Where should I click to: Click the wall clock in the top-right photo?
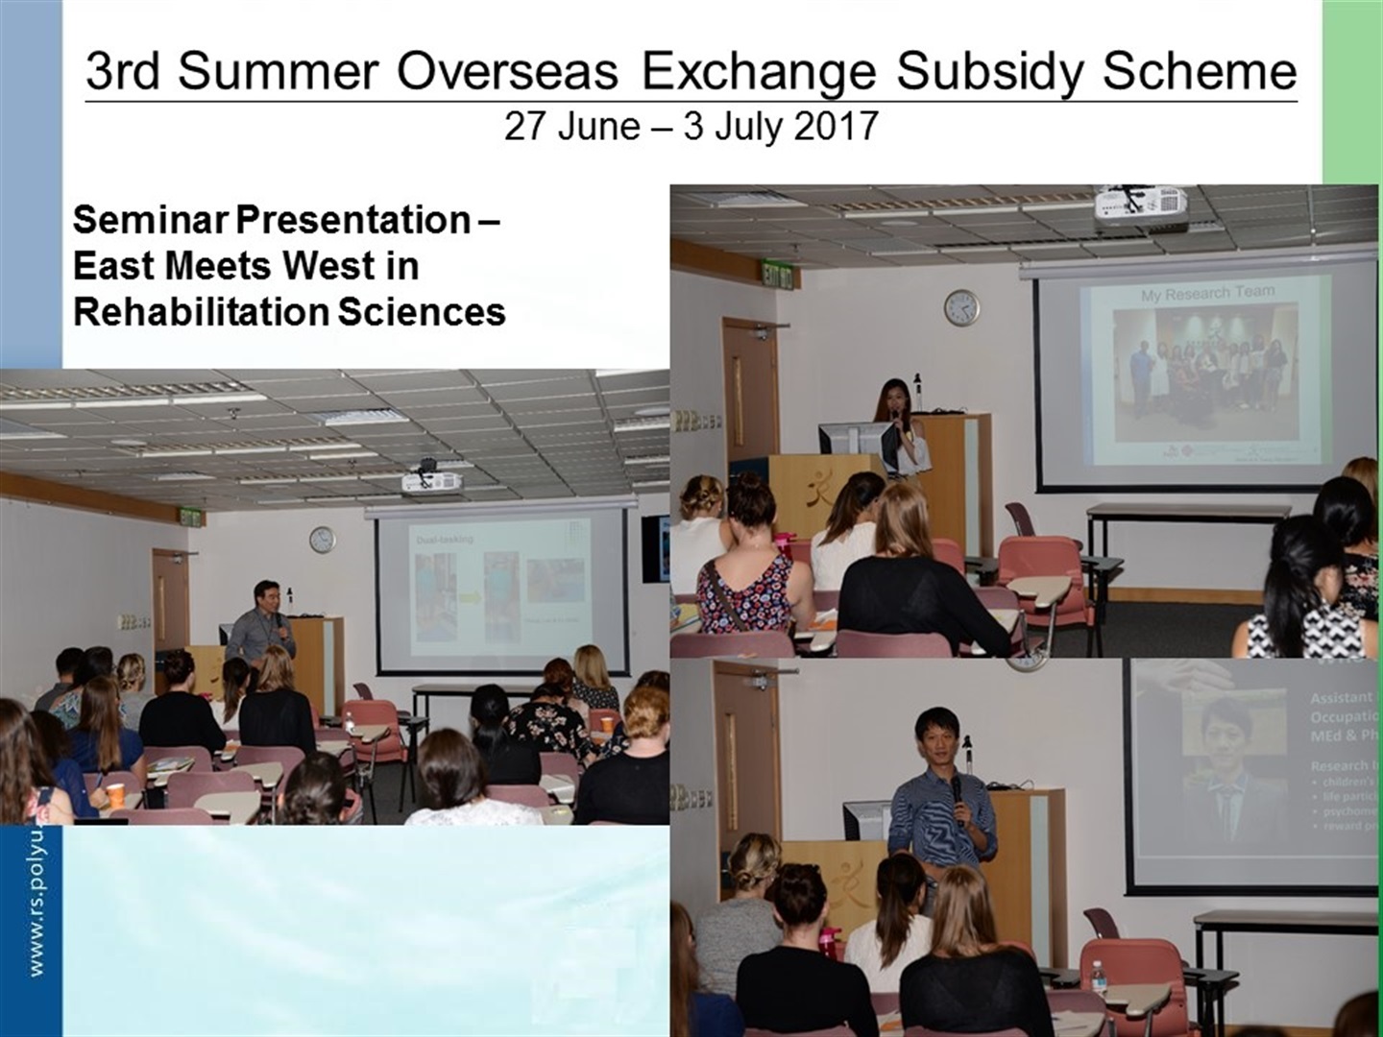point(961,307)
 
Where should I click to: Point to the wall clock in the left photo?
point(322,540)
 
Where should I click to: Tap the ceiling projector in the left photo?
point(431,481)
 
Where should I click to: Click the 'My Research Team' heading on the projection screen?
point(1207,293)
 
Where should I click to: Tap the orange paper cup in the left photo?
point(114,796)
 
